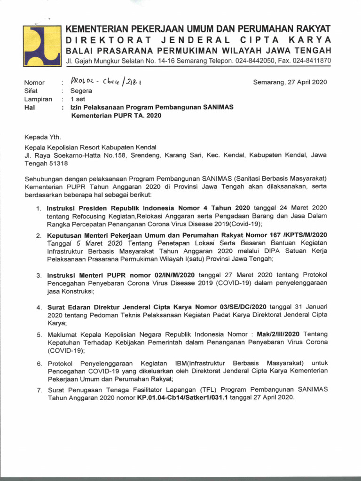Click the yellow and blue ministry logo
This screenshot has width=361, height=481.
coord(41,46)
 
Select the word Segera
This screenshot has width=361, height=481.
coord(81,91)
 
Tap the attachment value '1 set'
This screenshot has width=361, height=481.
coord(78,99)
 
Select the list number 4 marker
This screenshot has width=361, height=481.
coord(39,307)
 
